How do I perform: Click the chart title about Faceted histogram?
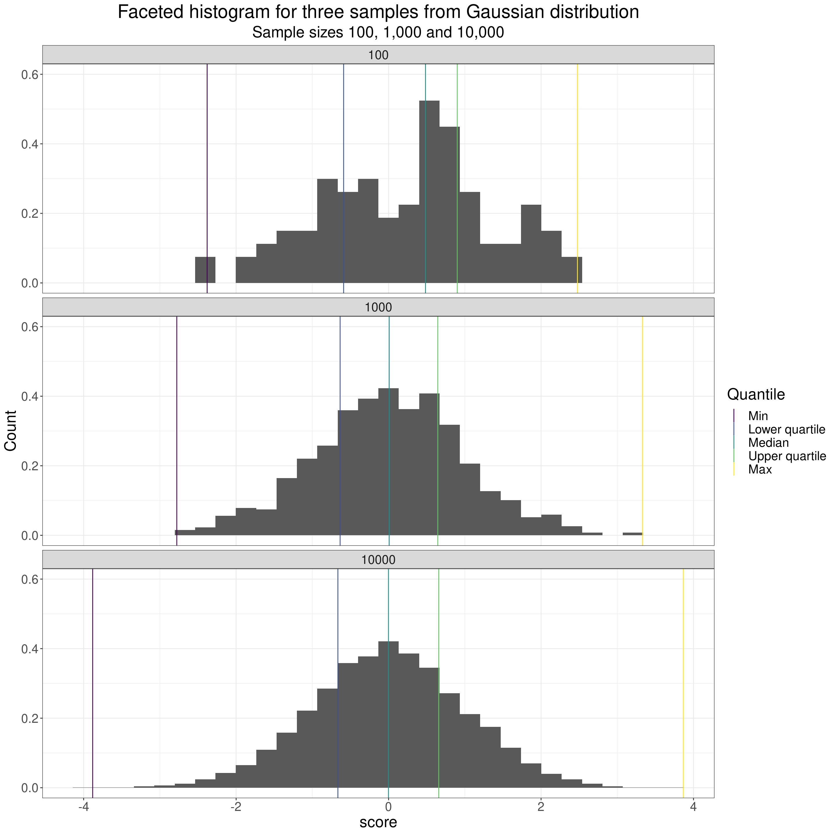pos(378,12)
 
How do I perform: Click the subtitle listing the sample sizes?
pos(378,33)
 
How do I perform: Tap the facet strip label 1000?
pos(378,307)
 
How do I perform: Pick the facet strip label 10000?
pos(378,560)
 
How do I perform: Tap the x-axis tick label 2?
pos(541,807)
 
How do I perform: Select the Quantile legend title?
pos(756,394)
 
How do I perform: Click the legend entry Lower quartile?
pos(787,430)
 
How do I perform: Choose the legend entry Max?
pos(760,469)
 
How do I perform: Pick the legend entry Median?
pos(768,442)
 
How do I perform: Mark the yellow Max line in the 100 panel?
pos(578,173)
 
